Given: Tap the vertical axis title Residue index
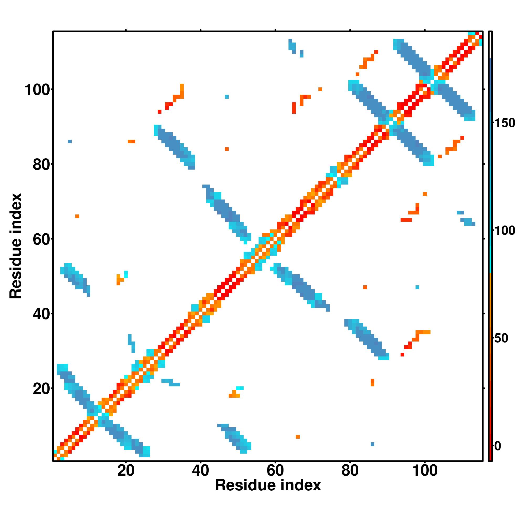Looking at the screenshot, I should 15,246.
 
